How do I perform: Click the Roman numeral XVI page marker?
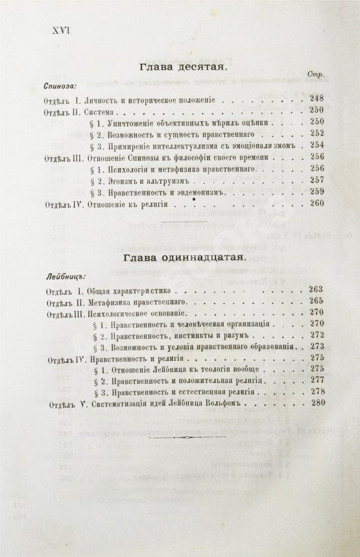[59, 30]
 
